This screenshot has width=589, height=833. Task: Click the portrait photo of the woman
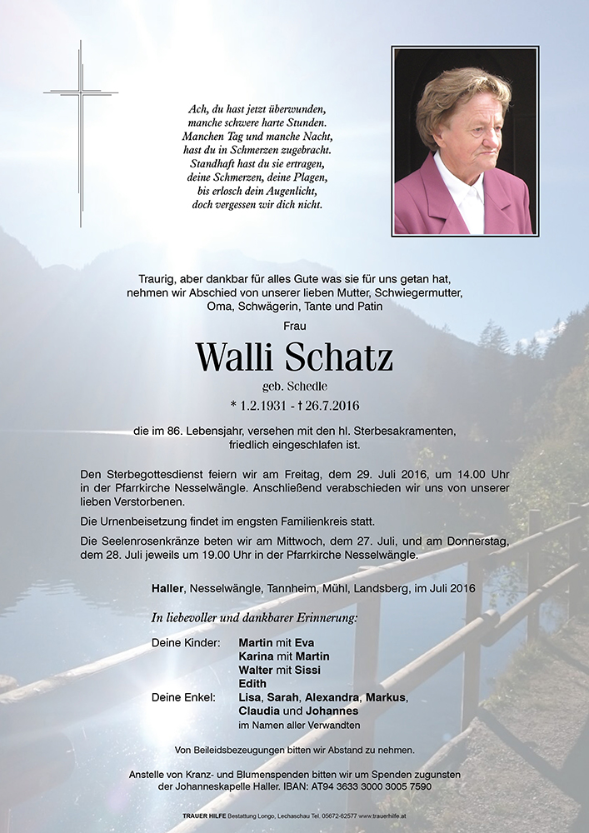(465, 141)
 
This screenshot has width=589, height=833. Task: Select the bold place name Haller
(169, 588)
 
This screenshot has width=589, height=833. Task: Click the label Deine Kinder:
(186, 643)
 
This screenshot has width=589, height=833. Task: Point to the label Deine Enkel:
(183, 697)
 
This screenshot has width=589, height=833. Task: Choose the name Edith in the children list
(252, 684)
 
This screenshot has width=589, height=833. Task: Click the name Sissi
(306, 671)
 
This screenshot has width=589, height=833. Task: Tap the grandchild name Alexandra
(333, 697)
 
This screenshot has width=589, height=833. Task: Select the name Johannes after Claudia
(332, 711)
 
